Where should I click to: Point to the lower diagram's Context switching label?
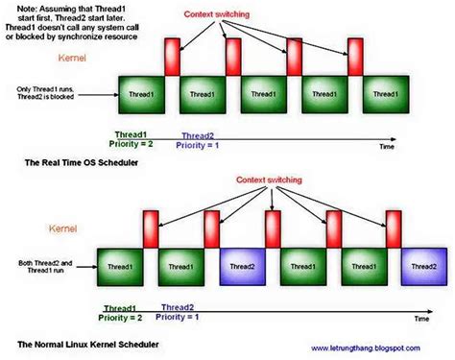(x=247, y=180)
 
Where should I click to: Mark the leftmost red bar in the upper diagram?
(x=173, y=56)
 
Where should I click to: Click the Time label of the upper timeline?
(x=386, y=149)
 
